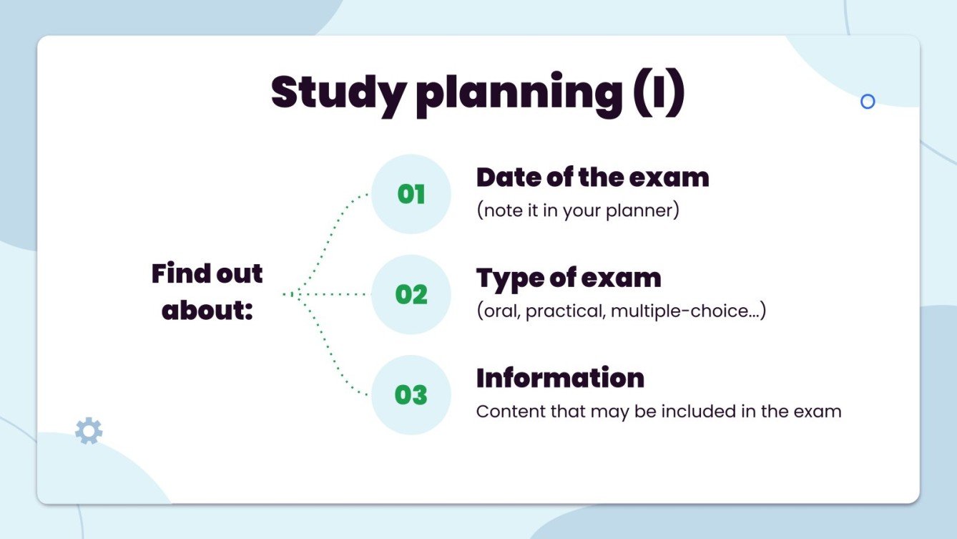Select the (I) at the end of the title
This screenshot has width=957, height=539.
[657, 93]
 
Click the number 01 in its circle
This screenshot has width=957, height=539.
[411, 194]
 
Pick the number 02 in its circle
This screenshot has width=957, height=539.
[411, 294]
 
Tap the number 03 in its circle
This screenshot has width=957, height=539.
[411, 394]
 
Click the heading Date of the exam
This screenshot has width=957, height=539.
[592, 178]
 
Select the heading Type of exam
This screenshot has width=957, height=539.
[569, 278]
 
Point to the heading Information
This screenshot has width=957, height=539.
[560, 378]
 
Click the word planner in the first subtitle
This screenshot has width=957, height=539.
[641, 212]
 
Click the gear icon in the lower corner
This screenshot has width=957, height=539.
[89, 432]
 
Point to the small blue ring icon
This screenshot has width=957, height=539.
[868, 102]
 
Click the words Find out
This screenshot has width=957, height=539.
[207, 273]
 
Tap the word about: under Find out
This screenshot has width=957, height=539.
[207, 311]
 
